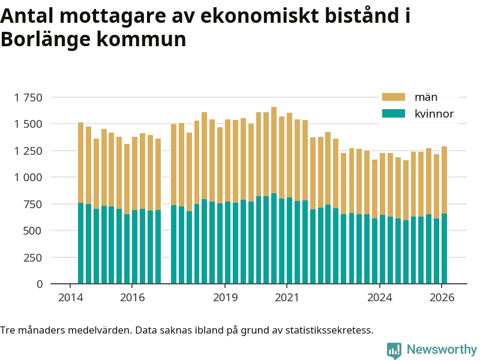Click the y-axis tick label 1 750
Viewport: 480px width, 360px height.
(x=29, y=97)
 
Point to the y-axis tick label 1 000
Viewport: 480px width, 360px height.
(x=29, y=178)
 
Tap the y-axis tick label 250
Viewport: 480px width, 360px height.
(x=34, y=257)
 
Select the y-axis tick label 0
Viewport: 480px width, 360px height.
(x=40, y=284)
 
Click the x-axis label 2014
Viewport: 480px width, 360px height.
(x=71, y=298)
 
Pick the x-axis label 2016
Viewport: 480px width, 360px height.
(x=133, y=298)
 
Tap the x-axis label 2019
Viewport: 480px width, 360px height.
(x=226, y=298)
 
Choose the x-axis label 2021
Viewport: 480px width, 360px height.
(x=287, y=298)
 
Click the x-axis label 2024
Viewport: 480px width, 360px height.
(x=380, y=298)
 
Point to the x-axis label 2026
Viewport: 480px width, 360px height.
(x=442, y=298)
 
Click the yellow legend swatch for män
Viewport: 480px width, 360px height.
(x=394, y=97)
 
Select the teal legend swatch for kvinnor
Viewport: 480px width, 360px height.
(x=394, y=113)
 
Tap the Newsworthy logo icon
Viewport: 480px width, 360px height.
(x=394, y=350)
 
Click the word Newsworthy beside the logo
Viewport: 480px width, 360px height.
(x=442, y=349)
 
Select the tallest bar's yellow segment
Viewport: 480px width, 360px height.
(x=274, y=150)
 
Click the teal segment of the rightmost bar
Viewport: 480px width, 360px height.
(x=445, y=248)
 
